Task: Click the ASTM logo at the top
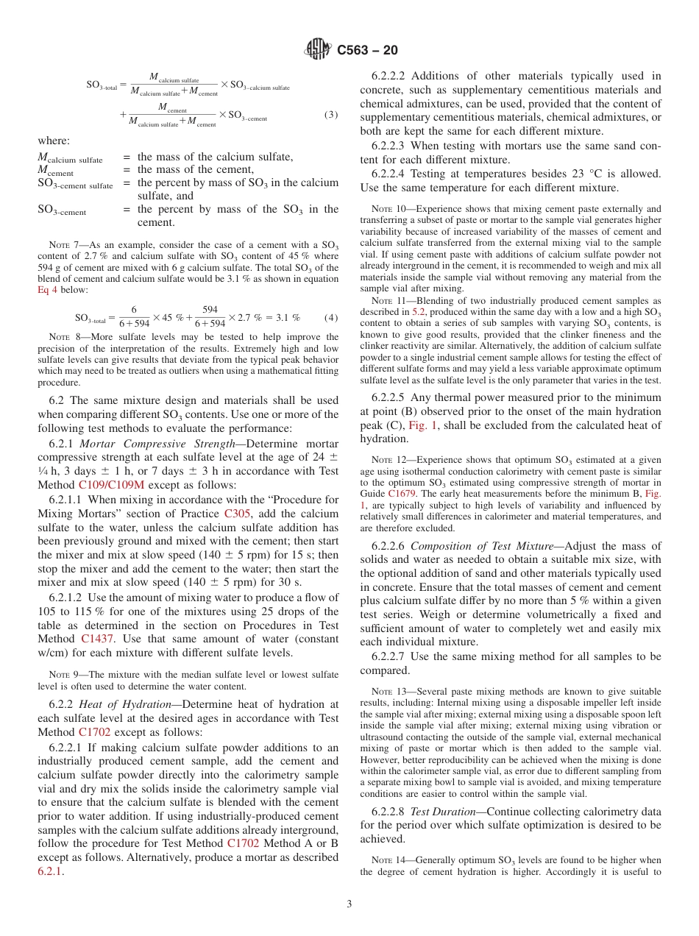pos(318,50)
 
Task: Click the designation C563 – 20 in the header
pos(367,50)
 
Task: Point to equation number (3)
pos(331,116)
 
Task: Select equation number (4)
pos(331,318)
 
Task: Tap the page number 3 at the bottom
pos(349,904)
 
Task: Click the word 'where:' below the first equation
pos(54,141)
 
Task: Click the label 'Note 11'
pos(386,301)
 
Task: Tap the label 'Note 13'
pos(386,692)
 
